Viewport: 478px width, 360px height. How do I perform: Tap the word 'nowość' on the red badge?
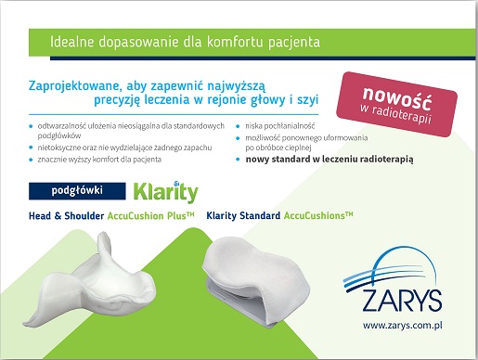[397, 98]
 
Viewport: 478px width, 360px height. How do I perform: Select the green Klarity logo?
[165, 192]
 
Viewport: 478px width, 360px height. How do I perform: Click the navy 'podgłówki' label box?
[77, 190]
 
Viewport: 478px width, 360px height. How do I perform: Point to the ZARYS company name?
[402, 301]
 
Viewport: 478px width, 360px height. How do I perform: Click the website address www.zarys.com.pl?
[402, 326]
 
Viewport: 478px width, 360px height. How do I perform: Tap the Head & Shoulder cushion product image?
[90, 279]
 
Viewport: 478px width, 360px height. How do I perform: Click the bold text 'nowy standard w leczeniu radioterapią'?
[329, 160]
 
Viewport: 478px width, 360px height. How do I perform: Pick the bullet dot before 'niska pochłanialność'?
[238, 126]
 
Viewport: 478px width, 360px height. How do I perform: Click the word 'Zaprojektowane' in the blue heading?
[73, 86]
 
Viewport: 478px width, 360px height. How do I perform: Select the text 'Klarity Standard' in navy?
[243, 215]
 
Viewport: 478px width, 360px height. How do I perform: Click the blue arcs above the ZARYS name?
[391, 268]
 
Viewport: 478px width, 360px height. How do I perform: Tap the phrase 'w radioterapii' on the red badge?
[395, 115]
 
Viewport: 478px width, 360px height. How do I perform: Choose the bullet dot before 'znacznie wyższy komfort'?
[31, 160]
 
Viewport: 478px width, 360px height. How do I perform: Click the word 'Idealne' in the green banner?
[71, 42]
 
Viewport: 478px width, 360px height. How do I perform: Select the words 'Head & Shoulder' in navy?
[66, 215]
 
